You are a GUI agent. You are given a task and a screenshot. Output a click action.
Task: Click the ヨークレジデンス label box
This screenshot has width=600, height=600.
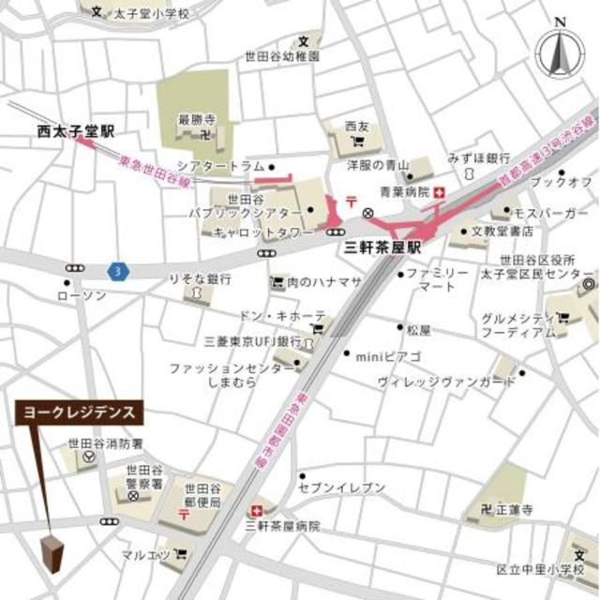coord(80,412)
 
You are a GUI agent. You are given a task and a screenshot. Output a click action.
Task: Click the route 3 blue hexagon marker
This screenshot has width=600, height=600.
coord(114,269)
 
